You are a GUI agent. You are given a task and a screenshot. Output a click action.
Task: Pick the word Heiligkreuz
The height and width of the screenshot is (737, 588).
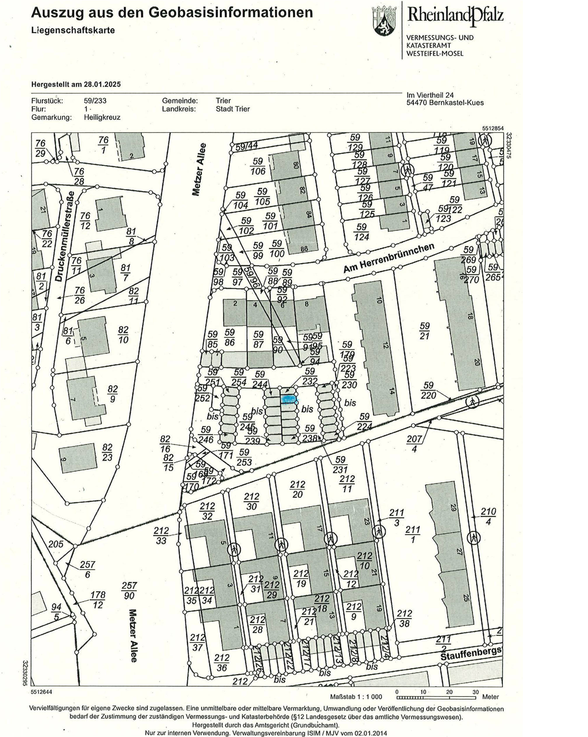(102, 117)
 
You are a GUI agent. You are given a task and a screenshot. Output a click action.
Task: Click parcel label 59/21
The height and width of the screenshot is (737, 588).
(424, 331)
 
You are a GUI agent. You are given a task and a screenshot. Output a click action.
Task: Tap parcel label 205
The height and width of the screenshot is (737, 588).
(56, 544)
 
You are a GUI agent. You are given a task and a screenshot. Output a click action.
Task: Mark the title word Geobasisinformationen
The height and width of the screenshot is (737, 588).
(231, 13)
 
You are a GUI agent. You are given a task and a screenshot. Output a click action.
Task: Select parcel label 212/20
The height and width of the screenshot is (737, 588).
(297, 489)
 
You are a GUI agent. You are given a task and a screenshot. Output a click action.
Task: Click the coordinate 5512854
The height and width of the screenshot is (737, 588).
(493, 128)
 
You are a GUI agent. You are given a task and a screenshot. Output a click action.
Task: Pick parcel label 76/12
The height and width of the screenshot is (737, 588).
(85, 220)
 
